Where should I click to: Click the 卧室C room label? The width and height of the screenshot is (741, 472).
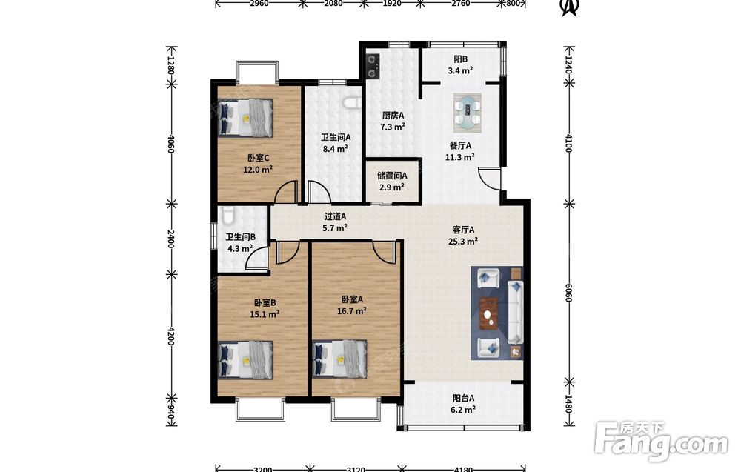pos(258,158)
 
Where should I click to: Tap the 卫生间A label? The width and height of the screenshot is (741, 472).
pos(336,138)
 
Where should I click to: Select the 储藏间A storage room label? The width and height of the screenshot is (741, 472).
pos(392,176)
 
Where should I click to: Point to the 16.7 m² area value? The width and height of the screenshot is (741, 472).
pos(351,311)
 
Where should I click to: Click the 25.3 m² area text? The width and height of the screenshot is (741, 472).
pos(463,242)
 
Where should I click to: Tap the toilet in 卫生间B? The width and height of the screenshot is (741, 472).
pos(227,216)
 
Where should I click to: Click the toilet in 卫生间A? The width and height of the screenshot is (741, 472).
pos(352,102)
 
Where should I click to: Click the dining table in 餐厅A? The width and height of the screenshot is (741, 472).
pos(468,113)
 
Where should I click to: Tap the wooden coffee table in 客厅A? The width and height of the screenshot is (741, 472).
pos(489,313)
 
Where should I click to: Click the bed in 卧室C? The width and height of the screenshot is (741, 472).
pos(245,118)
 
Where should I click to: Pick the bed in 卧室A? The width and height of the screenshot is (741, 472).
pos(340,359)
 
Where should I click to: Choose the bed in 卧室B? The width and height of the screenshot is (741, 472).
pos(245,360)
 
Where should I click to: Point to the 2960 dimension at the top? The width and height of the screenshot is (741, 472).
pos(259,4)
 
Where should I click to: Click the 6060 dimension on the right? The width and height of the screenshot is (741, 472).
pos(568,293)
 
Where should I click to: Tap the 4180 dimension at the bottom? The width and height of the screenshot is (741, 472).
pos(463,469)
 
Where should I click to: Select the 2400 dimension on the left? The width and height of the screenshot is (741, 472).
pos(171,239)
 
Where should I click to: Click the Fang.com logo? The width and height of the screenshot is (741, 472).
pos(661,442)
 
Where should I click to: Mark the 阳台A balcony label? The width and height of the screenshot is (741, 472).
pos(463,399)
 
